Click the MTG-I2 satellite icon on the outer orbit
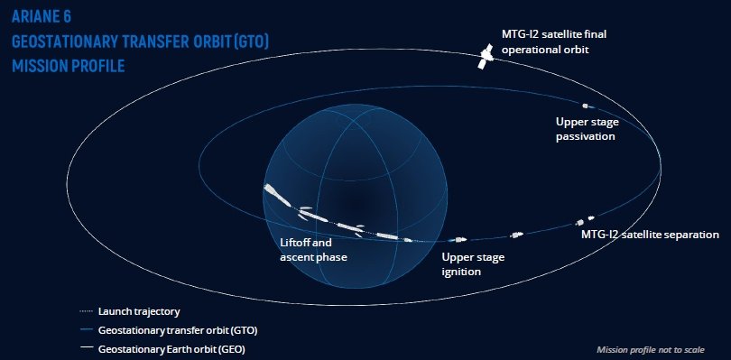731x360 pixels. (x=486, y=56)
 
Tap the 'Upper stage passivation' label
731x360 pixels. (x=587, y=129)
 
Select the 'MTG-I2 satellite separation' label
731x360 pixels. (x=650, y=235)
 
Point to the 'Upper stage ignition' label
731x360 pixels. (x=473, y=264)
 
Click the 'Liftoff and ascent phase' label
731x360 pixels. (x=313, y=250)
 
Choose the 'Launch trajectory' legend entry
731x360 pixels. (x=139, y=311)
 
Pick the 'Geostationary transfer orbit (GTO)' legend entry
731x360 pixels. (x=178, y=330)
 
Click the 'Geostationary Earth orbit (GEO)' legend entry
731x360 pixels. (x=171, y=349)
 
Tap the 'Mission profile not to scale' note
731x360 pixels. (x=651, y=350)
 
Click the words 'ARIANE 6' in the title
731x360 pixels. (x=42, y=17)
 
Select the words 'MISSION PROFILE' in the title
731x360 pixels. (x=68, y=66)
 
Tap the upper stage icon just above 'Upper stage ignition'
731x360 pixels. (x=457, y=240)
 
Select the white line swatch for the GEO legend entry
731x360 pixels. (x=87, y=349)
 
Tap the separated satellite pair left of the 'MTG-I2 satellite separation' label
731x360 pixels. (x=585, y=220)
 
